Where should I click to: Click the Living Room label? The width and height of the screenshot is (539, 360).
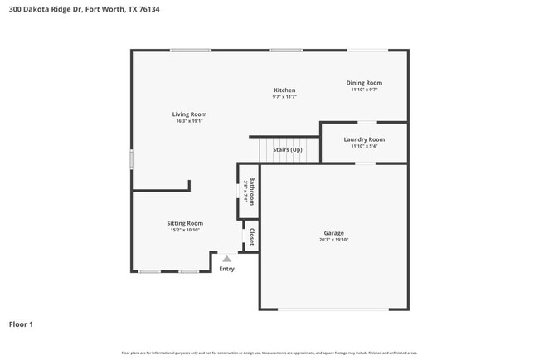click(x=189, y=114)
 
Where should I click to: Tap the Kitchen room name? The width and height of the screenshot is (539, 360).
click(x=284, y=90)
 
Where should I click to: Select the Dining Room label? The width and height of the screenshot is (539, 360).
click(x=364, y=83)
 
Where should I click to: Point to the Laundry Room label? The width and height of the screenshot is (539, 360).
click(x=364, y=139)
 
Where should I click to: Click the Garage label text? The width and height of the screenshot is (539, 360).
click(x=333, y=233)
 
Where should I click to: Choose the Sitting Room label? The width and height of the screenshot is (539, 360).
click(x=185, y=223)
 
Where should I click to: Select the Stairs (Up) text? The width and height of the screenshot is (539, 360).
click(x=287, y=150)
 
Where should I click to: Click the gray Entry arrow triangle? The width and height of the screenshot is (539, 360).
click(x=226, y=259)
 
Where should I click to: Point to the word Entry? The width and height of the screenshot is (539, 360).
click(x=226, y=269)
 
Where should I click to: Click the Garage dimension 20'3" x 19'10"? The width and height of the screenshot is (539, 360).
click(x=333, y=240)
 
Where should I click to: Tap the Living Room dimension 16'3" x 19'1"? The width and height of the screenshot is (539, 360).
click(x=189, y=121)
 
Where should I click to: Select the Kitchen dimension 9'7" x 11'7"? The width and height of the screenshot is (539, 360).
click(x=284, y=97)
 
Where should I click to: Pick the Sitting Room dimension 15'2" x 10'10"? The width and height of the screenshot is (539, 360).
click(x=185, y=230)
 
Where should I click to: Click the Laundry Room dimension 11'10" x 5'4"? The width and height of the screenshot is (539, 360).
click(x=364, y=146)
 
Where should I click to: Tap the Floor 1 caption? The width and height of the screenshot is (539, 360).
click(x=21, y=324)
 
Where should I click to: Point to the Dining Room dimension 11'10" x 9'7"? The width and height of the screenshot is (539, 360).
click(x=364, y=90)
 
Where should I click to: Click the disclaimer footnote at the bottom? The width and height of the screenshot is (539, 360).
click(x=269, y=353)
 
